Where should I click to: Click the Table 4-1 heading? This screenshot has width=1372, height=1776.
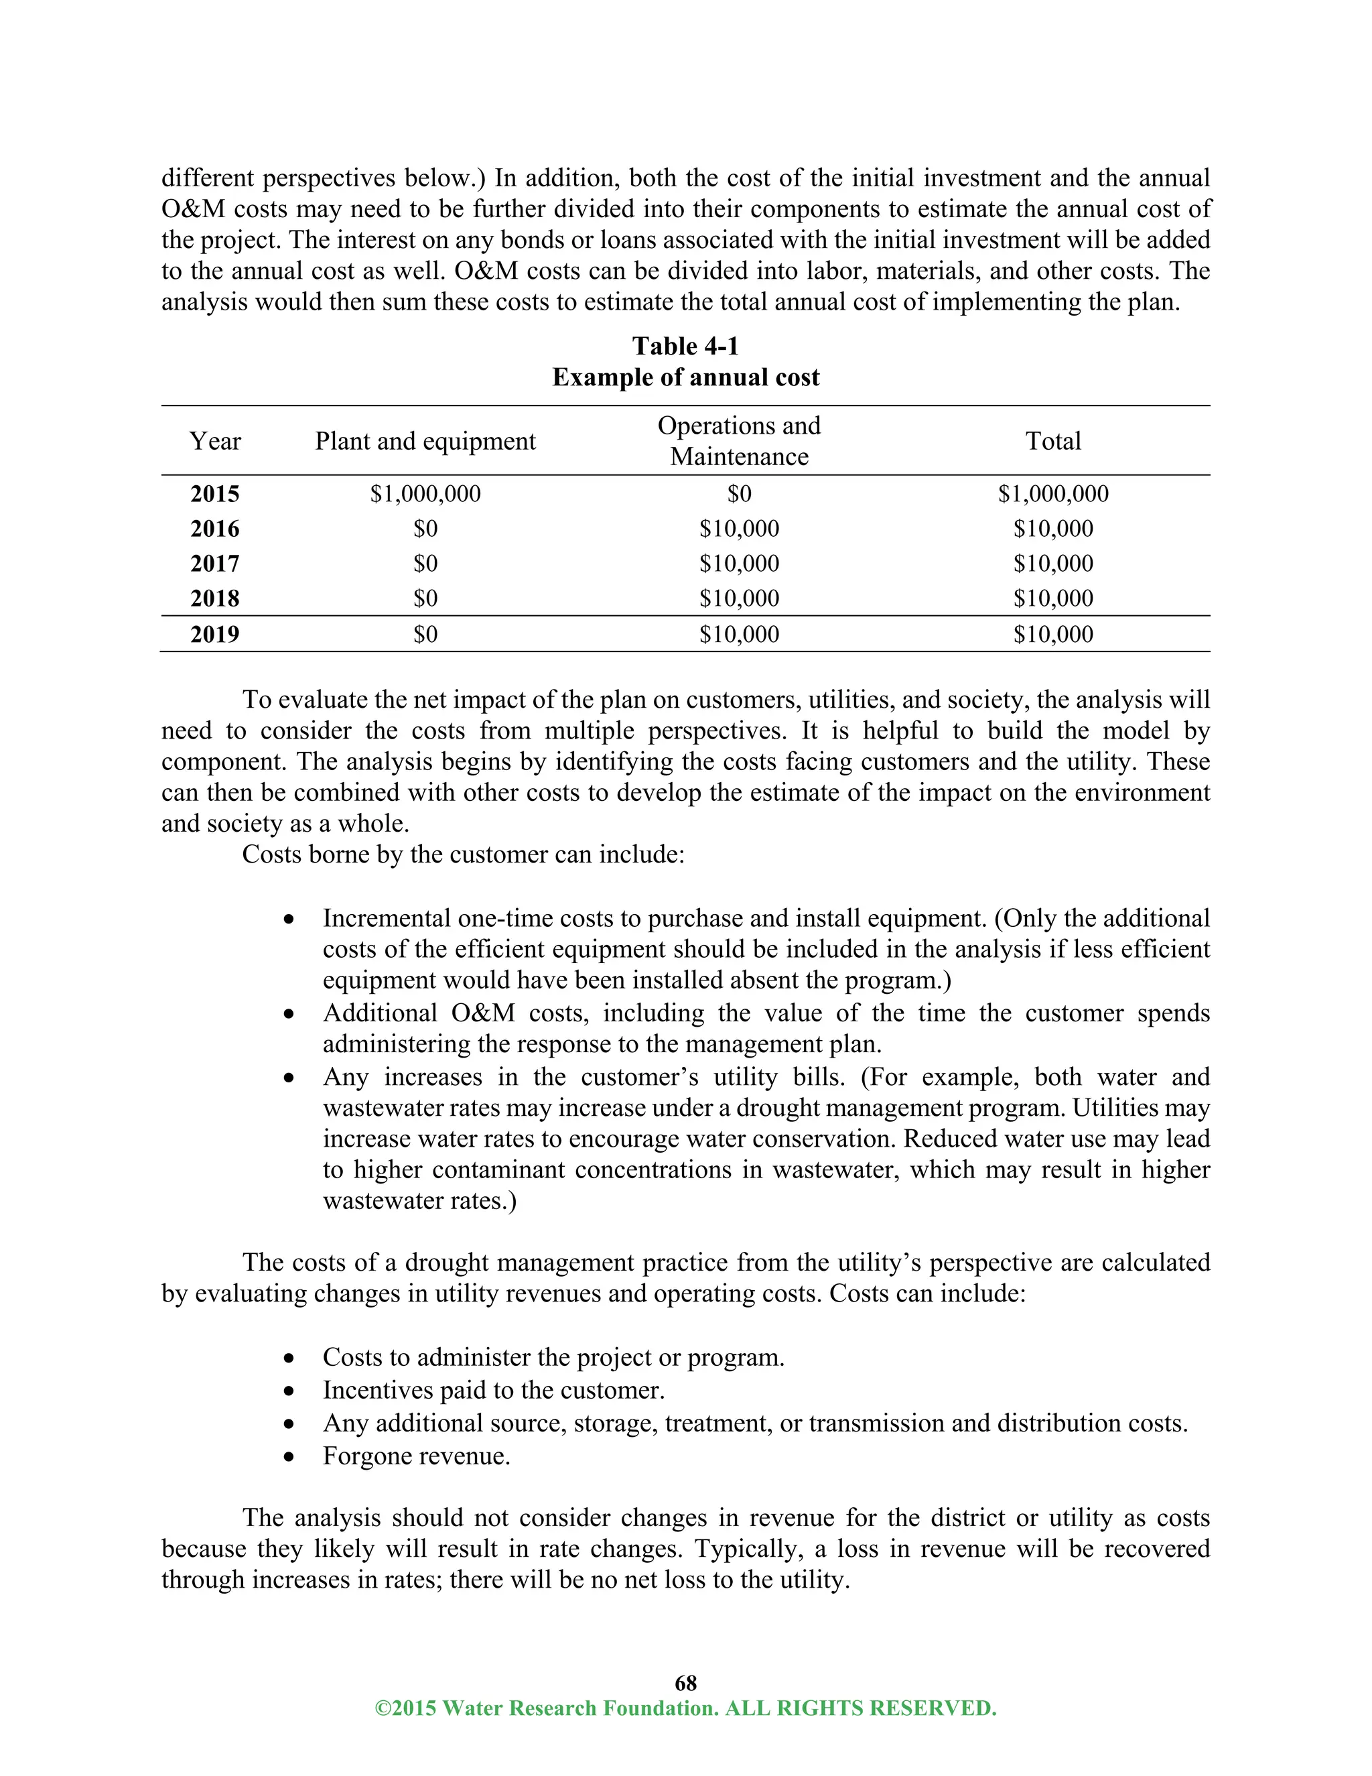click(x=685, y=346)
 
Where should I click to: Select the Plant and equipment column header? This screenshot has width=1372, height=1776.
click(x=425, y=442)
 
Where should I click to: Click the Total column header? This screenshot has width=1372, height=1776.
click(x=1052, y=442)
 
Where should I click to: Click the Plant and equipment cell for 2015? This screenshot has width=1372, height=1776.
click(x=425, y=495)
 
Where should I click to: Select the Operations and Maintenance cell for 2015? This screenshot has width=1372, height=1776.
click(x=739, y=495)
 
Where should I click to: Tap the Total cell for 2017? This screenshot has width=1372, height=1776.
click(x=1052, y=564)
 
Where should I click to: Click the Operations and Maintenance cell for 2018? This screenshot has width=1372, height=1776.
click(x=739, y=599)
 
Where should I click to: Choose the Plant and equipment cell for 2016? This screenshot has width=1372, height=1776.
click(x=425, y=529)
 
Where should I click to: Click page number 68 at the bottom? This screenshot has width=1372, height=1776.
click(x=685, y=1682)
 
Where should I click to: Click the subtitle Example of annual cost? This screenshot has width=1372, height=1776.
click(x=685, y=377)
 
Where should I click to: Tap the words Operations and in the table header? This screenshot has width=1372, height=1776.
click(x=739, y=426)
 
